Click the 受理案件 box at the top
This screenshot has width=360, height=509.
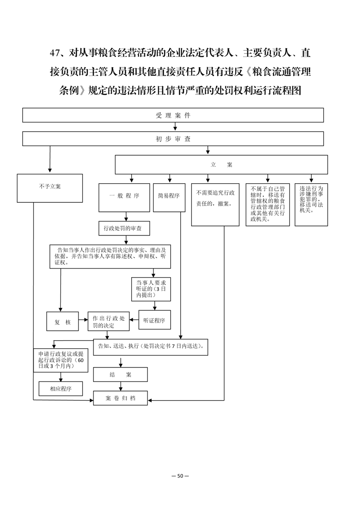[x=173, y=115]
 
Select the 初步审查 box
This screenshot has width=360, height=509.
[x=173, y=139]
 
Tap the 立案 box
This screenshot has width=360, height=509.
[x=221, y=165]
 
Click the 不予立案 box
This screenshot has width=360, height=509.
[x=50, y=188]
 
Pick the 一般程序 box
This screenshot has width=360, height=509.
[x=124, y=198]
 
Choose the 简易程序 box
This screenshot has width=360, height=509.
[x=169, y=198]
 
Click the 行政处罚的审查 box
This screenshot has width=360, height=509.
[x=124, y=228]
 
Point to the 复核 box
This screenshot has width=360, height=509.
[x=62, y=321]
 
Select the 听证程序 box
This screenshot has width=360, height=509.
[x=154, y=320]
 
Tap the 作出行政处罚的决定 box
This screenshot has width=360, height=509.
[x=108, y=321]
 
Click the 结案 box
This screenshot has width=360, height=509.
[x=120, y=375]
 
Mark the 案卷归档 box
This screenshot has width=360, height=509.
[x=120, y=398]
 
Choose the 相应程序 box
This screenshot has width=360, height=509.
[x=61, y=389]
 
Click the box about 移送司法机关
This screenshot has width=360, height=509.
[x=311, y=205]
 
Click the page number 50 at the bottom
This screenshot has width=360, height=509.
[x=180, y=476]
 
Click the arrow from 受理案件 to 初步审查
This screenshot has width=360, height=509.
[x=175, y=127]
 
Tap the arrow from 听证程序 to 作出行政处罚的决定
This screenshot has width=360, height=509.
[x=134, y=320]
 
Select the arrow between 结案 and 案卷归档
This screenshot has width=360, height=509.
[x=121, y=387]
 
